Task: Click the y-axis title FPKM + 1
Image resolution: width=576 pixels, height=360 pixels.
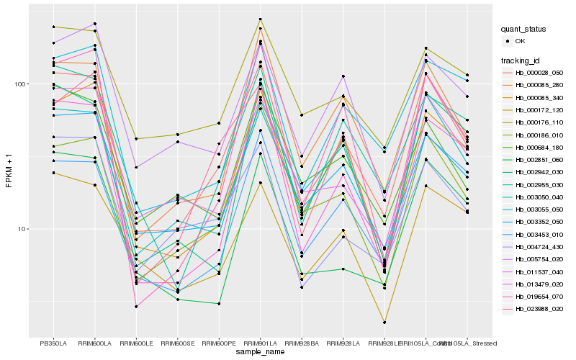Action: (9, 170)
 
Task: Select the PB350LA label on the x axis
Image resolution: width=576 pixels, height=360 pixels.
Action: (53, 343)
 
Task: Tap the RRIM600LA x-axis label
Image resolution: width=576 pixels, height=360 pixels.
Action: (94, 343)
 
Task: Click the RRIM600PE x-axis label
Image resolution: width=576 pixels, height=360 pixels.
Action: (219, 343)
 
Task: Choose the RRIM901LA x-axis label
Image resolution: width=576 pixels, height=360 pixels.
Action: (261, 343)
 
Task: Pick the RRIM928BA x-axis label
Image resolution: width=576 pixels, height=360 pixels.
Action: (302, 343)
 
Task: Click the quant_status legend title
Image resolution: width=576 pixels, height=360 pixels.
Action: (524, 30)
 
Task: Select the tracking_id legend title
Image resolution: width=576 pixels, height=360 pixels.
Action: (521, 60)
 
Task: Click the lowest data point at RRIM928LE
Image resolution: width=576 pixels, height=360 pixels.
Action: (384, 322)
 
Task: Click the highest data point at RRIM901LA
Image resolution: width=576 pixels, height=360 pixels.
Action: (261, 19)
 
